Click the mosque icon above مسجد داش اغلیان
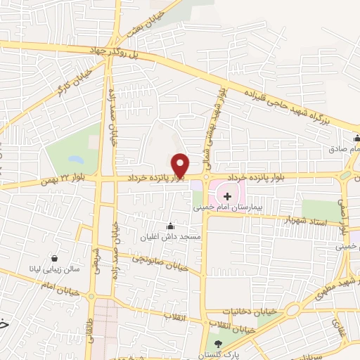[x=169, y=226]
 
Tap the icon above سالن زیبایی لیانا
[x=51, y=257]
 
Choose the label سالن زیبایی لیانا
[x=61, y=269]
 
